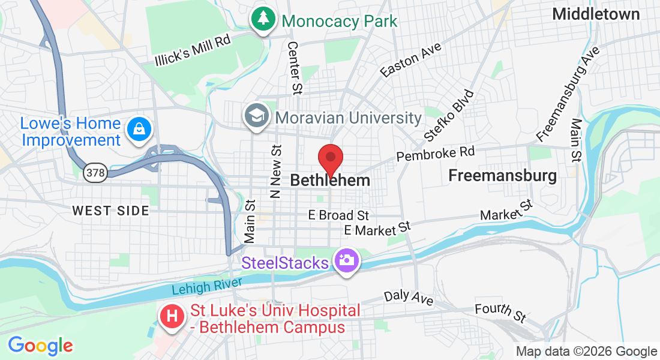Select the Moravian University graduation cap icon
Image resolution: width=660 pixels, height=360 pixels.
(x=257, y=116)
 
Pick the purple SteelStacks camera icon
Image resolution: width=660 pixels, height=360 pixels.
(x=346, y=262)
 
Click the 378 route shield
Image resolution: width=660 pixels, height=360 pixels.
(x=95, y=173)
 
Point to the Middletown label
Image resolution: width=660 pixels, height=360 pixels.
(x=596, y=14)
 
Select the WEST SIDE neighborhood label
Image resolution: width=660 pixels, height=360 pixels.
(x=110, y=211)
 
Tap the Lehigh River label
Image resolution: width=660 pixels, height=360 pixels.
(x=206, y=286)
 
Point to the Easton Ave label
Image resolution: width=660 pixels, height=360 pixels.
(x=411, y=60)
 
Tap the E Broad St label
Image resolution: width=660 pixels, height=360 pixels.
(x=338, y=215)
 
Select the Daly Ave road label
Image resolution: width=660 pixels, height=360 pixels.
(x=409, y=296)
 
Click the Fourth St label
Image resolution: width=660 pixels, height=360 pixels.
(x=500, y=311)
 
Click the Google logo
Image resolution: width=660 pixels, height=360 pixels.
(x=40, y=346)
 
